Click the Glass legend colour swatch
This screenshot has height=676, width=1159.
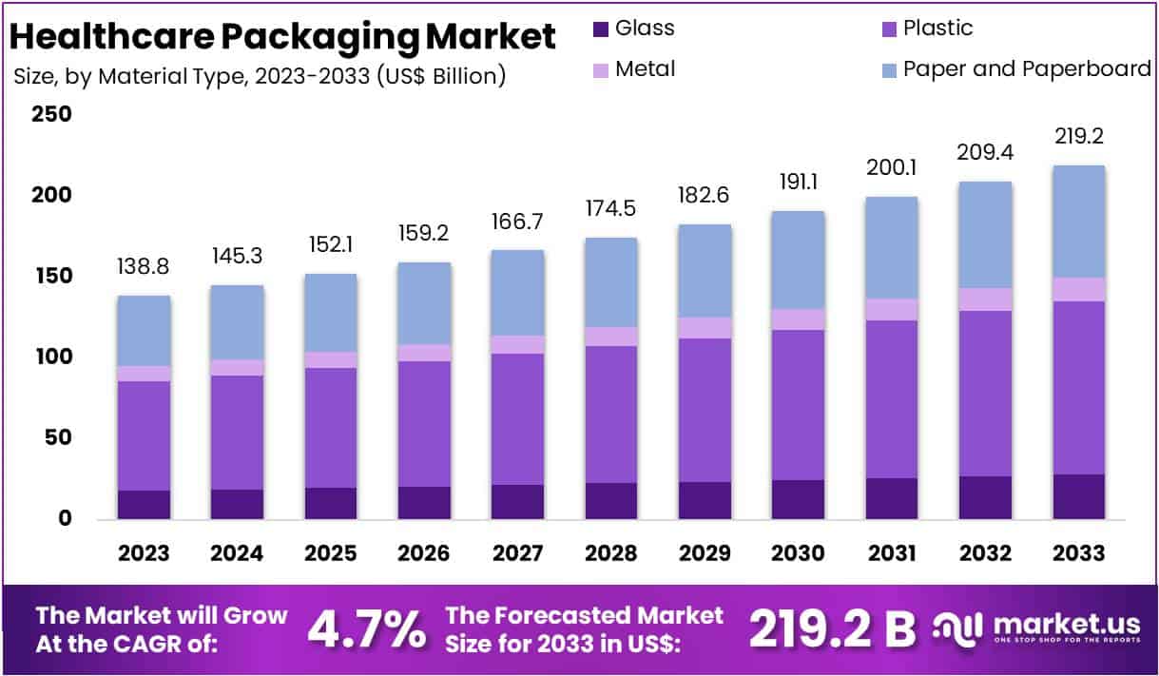(x=599, y=29)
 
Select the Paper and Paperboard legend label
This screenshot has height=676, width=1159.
(x=1027, y=68)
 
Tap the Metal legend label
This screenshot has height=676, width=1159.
(x=645, y=68)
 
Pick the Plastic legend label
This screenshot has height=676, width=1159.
(x=937, y=28)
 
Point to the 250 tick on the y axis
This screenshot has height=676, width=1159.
(x=51, y=114)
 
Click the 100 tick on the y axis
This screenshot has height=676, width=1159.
(x=51, y=357)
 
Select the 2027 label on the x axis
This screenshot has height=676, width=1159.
(x=517, y=552)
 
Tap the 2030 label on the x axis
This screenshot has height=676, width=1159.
(x=799, y=552)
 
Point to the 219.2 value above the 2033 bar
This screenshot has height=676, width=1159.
(x=1078, y=137)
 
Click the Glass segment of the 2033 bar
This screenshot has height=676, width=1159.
(x=1078, y=496)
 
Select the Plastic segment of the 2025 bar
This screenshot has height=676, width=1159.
(x=331, y=428)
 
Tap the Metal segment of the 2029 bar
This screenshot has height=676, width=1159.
(x=705, y=328)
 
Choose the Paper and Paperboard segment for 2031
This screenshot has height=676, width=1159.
(x=892, y=248)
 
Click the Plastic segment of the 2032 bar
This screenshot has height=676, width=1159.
(x=985, y=394)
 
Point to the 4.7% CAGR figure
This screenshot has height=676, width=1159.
(x=366, y=628)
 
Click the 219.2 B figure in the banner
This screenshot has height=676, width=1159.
(x=832, y=628)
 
